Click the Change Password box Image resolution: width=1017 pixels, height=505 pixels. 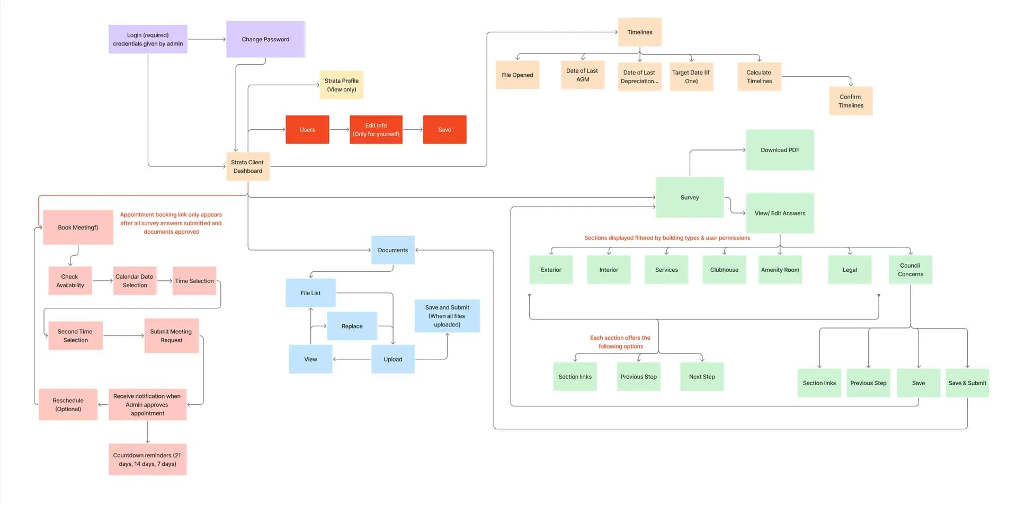tap(265, 39)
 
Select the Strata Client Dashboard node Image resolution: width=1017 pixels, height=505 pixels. tap(247, 166)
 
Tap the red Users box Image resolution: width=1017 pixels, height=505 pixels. tap(307, 129)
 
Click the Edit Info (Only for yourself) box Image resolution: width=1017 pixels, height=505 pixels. tap(376, 129)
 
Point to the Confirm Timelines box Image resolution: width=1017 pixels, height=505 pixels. tap(850, 101)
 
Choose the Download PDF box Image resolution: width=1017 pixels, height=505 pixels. tap(779, 150)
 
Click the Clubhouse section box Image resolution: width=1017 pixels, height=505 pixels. tap(724, 270)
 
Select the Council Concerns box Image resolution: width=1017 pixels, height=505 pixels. tap(910, 270)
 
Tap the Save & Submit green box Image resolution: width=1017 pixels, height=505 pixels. tap(967, 383)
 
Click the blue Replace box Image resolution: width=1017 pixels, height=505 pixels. tap(352, 326)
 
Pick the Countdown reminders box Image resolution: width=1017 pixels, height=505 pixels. tap(147, 459)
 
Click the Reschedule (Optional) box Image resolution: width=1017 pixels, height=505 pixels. tap(68, 404)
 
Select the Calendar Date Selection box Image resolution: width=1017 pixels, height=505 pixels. tap(135, 281)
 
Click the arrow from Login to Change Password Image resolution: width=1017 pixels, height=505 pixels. tap(207, 39)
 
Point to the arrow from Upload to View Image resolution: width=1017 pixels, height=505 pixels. tap(352, 359)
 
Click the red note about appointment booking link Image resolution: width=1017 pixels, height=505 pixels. tap(171, 223)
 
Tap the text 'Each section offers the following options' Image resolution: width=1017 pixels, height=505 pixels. tap(620, 342)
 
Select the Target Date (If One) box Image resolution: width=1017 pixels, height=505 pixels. tap(691, 77)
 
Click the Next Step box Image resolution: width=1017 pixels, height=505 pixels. tap(701, 377)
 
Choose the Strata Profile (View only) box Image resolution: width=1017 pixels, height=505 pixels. tap(341, 85)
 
